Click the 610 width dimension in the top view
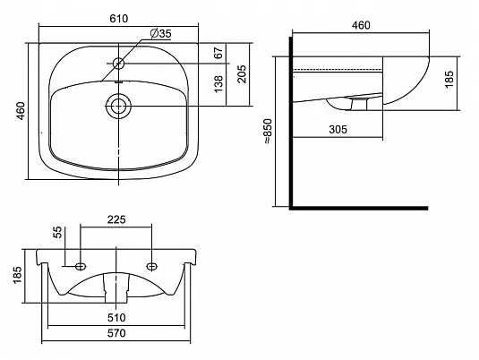119,19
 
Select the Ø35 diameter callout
161,33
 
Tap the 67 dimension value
218,53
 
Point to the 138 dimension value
218,84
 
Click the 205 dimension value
242,74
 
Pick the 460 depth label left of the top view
21,111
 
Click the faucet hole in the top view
118,64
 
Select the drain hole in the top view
118,106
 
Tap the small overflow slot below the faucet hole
118,81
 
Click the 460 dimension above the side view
361,25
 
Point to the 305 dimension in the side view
338,130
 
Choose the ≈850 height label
268,132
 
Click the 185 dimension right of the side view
449,80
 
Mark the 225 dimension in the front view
116,219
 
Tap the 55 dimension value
57,232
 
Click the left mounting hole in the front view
81,267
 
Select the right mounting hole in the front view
152,267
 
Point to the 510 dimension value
116,318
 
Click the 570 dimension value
116,333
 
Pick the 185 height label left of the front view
18,275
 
